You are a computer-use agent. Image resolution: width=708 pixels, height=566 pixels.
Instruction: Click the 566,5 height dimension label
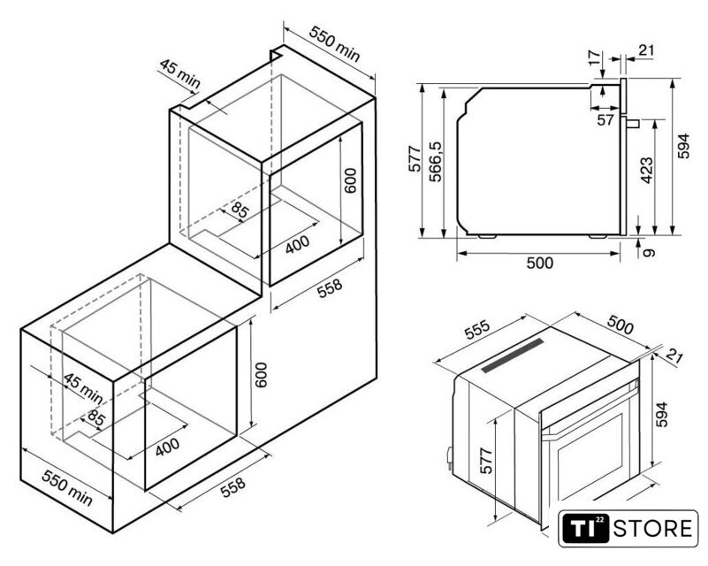pyautogui.click(x=436, y=162)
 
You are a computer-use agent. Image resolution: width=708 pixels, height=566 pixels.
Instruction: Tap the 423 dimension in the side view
pyautogui.click(x=647, y=171)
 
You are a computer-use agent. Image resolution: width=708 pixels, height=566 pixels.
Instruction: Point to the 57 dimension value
pyautogui.click(x=605, y=120)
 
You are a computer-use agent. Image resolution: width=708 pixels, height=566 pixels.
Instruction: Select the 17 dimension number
pyautogui.click(x=595, y=57)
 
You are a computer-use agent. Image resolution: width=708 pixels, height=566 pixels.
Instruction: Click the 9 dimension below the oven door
pyautogui.click(x=649, y=253)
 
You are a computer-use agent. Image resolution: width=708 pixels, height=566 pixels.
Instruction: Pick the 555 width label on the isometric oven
pyautogui.click(x=476, y=329)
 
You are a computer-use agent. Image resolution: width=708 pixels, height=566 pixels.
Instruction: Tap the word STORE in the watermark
pyautogui.click(x=652, y=529)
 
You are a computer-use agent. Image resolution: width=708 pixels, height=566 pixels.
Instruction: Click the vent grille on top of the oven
pyautogui.click(x=513, y=355)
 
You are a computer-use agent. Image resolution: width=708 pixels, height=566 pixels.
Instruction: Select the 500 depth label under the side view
pyautogui.click(x=539, y=263)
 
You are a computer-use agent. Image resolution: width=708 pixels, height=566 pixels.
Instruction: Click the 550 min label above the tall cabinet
pyautogui.click(x=335, y=44)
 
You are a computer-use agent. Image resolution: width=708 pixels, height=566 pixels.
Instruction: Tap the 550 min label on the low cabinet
pyautogui.click(x=67, y=487)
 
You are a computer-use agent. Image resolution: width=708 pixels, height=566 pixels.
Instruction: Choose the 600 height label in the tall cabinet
pyautogui.click(x=350, y=180)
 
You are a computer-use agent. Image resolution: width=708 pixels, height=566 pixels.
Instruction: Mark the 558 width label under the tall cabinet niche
pyautogui.click(x=330, y=288)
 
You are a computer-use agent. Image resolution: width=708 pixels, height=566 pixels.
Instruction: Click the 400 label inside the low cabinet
pyautogui.click(x=167, y=447)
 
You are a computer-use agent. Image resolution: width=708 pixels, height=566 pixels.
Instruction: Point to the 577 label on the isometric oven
pyautogui.click(x=486, y=461)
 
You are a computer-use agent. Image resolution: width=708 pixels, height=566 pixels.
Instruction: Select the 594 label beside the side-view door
pyautogui.click(x=683, y=146)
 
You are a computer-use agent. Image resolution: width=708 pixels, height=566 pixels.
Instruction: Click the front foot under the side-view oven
pyautogui.click(x=598, y=236)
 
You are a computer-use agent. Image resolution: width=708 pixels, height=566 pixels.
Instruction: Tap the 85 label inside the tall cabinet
pyautogui.click(x=240, y=210)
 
